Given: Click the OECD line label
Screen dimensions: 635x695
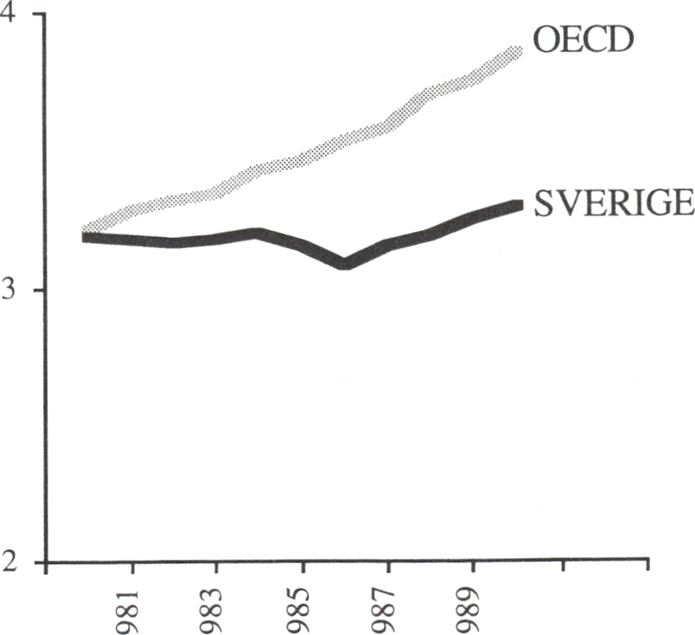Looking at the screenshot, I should point(583,39).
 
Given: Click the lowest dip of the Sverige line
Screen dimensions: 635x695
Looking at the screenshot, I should point(344,263).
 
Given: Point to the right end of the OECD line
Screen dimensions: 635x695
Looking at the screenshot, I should point(519,51).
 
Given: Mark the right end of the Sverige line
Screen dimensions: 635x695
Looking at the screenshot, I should point(519,205).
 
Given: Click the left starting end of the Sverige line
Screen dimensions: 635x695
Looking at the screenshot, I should point(86,236).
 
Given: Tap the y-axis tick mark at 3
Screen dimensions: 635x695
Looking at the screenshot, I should point(40,290).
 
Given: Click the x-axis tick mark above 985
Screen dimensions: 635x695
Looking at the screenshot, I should point(303,568).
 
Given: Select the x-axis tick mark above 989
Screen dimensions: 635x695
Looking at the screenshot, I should point(474,568).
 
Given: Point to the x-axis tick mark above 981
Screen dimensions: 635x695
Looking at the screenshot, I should point(131,568).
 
